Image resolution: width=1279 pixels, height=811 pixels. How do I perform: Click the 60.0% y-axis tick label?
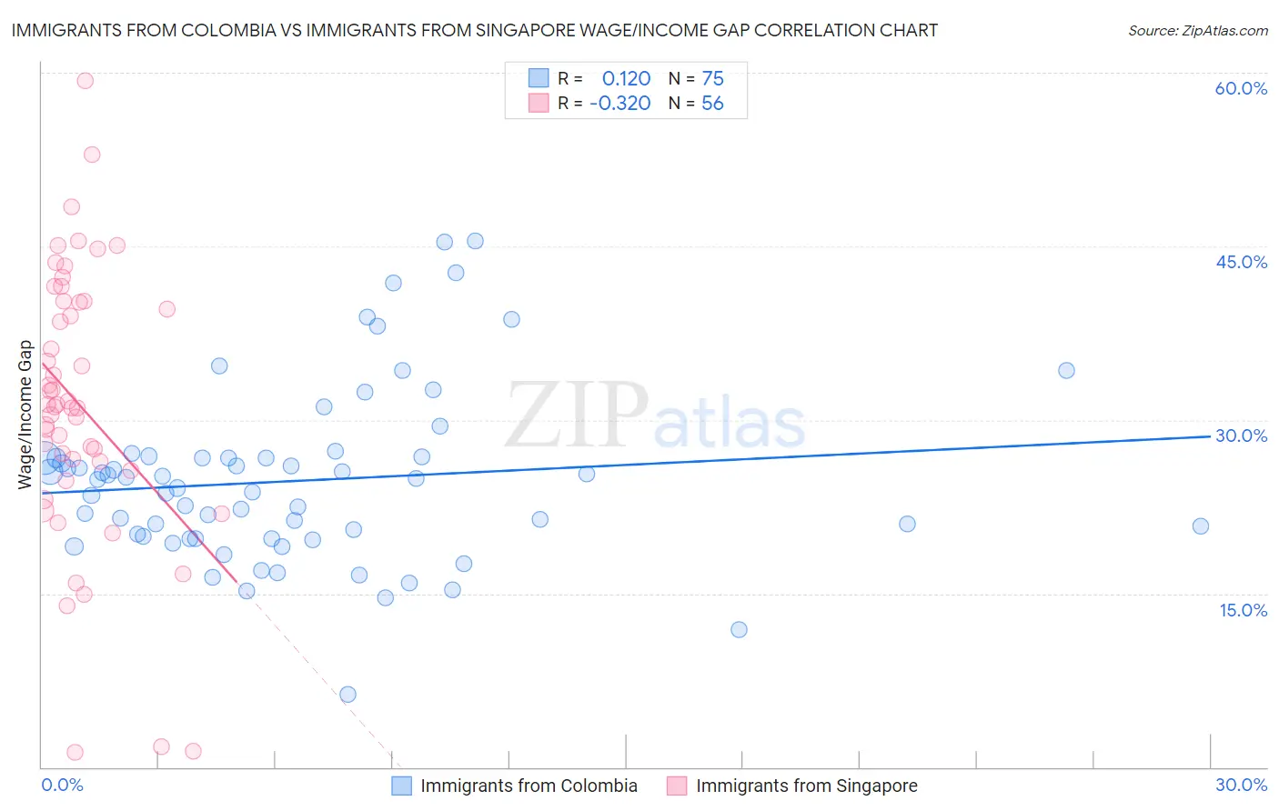click(1241, 88)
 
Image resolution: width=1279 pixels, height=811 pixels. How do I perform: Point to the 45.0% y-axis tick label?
click(1241, 262)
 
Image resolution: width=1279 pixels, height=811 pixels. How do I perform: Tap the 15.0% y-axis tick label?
click(1243, 610)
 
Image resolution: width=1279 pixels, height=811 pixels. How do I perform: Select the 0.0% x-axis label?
click(62, 785)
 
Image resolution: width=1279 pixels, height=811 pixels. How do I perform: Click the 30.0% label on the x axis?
click(1241, 785)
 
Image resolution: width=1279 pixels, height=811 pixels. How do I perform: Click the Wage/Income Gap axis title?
click(25, 415)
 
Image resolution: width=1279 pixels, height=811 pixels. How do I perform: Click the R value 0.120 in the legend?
click(626, 78)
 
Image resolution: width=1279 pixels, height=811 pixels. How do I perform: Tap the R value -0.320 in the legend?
click(620, 104)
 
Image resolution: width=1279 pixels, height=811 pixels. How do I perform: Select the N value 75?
click(712, 78)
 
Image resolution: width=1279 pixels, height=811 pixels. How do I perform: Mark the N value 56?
click(712, 104)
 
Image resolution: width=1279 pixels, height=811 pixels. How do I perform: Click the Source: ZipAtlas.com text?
click(1197, 30)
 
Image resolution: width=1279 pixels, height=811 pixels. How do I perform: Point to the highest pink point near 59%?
click(85, 80)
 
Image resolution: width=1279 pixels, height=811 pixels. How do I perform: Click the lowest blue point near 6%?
click(347, 695)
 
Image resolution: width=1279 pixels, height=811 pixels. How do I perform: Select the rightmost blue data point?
click(1201, 526)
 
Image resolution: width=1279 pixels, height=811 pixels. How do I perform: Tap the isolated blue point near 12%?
click(739, 629)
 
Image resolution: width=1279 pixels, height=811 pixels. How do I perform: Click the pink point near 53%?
click(92, 155)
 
